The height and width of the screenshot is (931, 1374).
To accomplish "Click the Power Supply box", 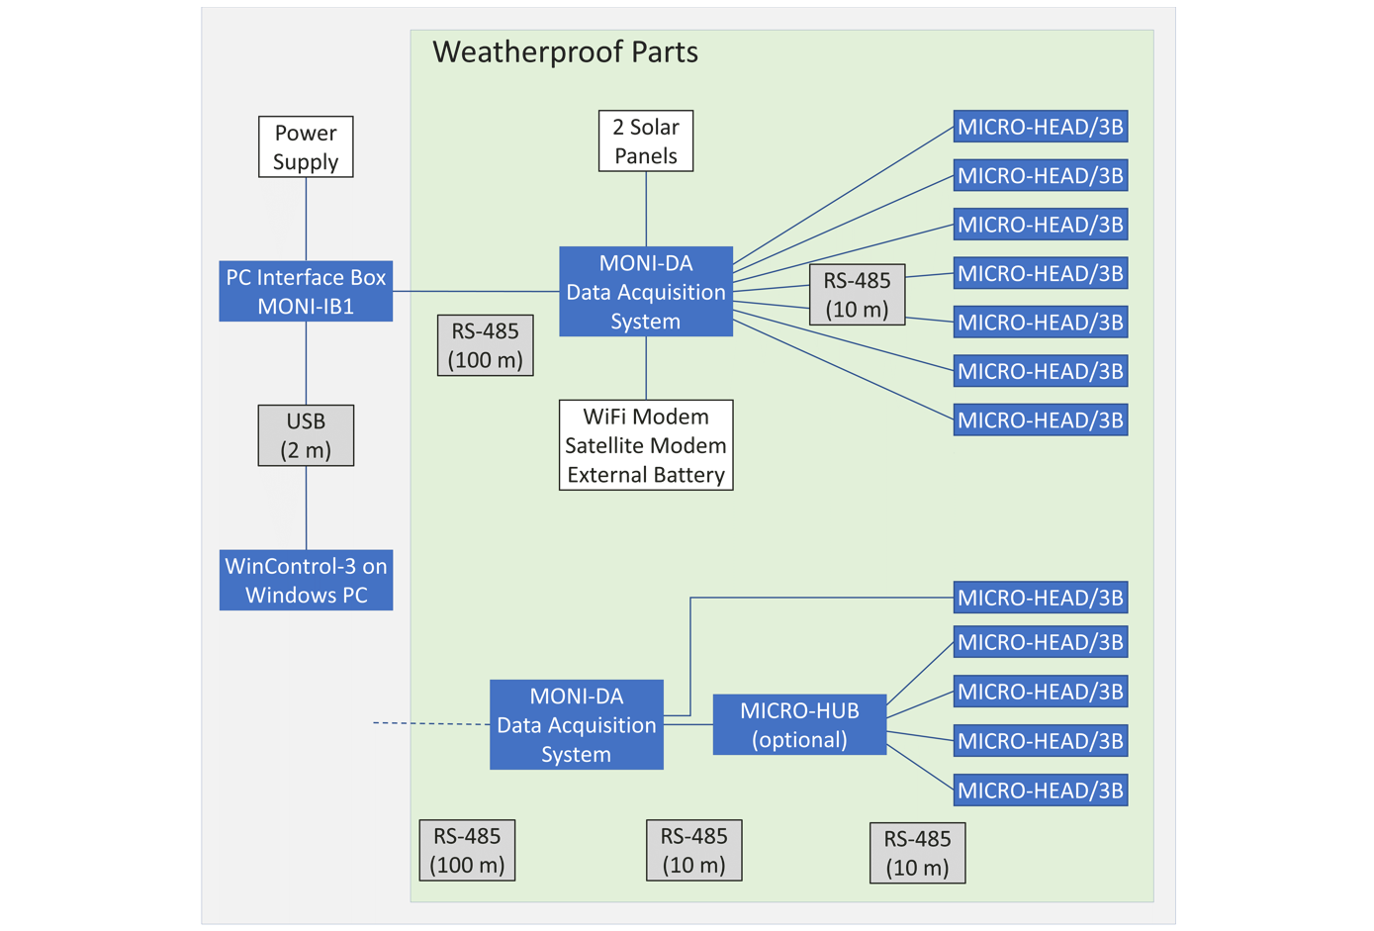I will coord(306,147).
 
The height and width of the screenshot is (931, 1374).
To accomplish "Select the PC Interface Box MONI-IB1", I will coord(306,292).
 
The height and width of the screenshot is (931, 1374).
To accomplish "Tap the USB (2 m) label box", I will coord(306,435).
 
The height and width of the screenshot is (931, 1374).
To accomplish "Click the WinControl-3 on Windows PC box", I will coord(306,580).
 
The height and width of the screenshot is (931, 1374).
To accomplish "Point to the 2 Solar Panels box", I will coord(646,141).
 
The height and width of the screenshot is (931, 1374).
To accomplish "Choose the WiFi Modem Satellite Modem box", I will coord(646,445).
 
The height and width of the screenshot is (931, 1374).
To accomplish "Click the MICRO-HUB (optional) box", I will coord(799,725).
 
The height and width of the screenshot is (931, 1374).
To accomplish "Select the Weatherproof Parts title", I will coord(565,52).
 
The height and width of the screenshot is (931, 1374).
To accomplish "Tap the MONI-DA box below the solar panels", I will coord(646,292).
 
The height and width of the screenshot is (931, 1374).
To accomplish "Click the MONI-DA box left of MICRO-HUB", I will coord(577,725).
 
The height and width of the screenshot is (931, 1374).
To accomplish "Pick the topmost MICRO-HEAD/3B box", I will coord(1041,127).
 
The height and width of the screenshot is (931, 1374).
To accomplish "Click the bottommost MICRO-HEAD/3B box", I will coord(1041,791).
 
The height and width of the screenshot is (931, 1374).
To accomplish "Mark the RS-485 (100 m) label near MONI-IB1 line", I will coord(486,345).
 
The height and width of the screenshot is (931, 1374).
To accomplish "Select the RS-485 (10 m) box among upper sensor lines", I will coord(857,295).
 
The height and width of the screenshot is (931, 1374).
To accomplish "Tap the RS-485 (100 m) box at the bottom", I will coord(468,851).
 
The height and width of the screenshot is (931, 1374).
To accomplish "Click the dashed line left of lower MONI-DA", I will coord(430,724).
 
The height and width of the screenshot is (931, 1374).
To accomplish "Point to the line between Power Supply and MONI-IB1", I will coord(306,219).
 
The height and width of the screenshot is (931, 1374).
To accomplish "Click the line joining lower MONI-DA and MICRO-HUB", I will coord(688,725).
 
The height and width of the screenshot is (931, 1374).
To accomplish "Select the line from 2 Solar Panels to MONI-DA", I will coord(646,209).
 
